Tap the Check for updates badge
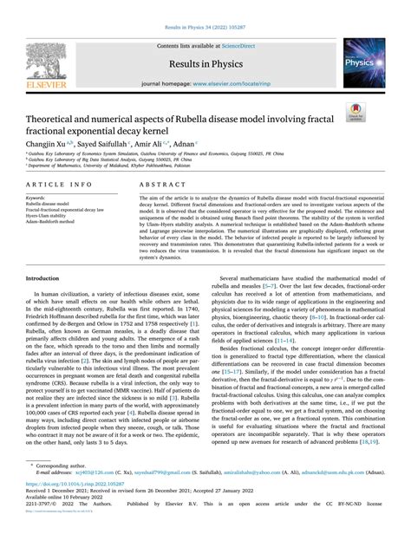tap(377, 110)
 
